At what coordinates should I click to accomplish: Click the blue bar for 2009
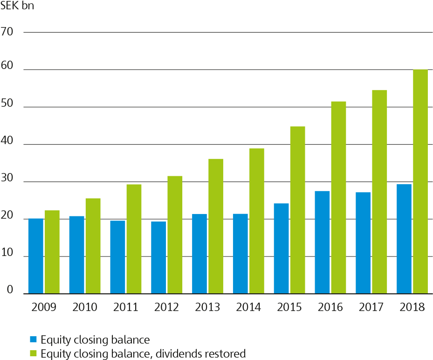click(35, 256)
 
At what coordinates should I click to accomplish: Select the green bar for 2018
click(420, 182)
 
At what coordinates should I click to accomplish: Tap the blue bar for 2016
click(322, 242)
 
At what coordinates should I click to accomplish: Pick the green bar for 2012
click(175, 235)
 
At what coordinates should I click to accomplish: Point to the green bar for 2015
click(297, 210)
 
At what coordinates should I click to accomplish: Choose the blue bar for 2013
click(199, 254)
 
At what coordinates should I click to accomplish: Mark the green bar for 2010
click(93, 246)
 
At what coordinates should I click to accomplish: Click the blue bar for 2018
click(404, 239)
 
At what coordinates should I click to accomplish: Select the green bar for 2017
click(379, 192)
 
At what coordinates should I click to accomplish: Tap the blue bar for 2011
click(117, 257)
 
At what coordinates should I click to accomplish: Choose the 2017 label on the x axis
click(371, 307)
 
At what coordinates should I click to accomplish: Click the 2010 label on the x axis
click(85, 307)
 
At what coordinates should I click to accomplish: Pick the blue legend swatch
click(33, 339)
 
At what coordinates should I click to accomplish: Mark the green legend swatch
click(33, 353)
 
